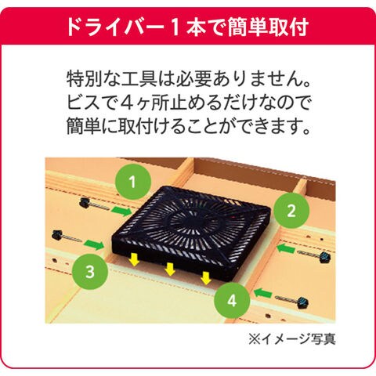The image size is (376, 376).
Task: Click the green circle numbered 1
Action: [133, 182]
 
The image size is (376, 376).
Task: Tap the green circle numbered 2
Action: [291, 211]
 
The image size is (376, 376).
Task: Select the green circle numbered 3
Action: [90, 272]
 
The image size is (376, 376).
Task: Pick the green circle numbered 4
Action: [232, 301]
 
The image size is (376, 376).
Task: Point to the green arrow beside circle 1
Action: [121, 211]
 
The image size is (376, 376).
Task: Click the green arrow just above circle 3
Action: [94, 244]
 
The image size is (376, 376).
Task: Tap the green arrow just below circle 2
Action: [286, 248]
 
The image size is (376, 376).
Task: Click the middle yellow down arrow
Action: [170, 269]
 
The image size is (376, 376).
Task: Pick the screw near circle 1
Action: [94, 204]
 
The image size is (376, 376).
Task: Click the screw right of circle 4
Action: [292, 302]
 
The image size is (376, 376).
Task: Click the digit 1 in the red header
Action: [175, 27]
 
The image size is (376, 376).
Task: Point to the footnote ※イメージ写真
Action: [292, 339]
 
